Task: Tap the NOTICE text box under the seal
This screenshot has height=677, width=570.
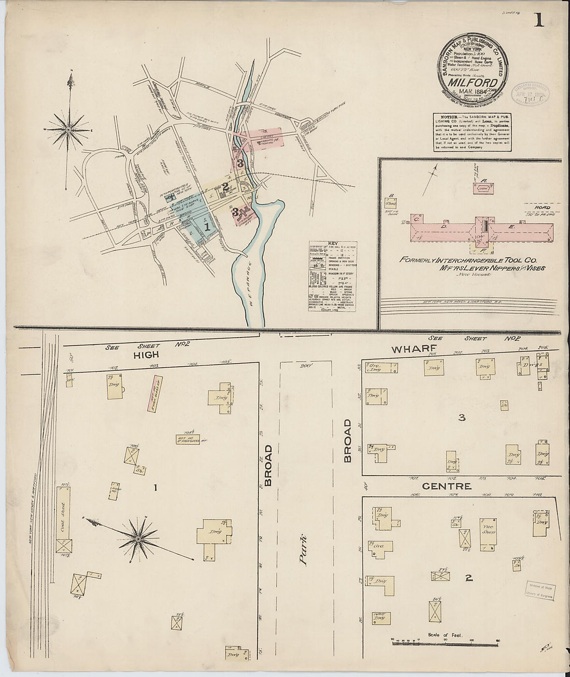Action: click(473, 132)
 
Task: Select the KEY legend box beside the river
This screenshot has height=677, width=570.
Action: click(332, 277)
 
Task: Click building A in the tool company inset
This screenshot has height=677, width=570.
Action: click(484, 188)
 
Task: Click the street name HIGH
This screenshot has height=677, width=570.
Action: click(146, 355)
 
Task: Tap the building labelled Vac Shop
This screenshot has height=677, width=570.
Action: click(488, 533)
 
